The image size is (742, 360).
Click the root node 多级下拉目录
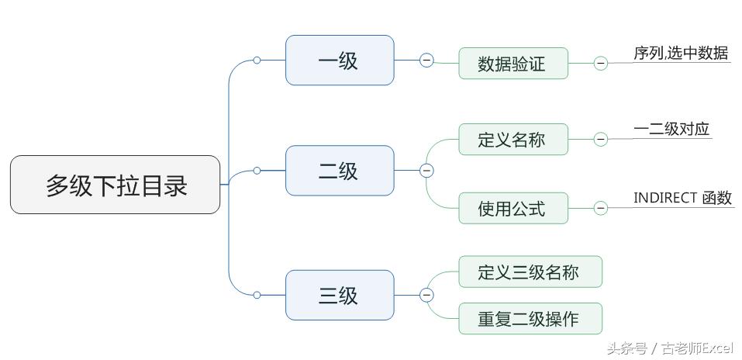point(115,185)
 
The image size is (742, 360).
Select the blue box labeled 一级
point(340,61)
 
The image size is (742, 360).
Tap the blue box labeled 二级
point(340,171)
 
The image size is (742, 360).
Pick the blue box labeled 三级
point(340,295)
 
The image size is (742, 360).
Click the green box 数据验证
point(512,64)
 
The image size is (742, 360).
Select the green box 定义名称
point(512,140)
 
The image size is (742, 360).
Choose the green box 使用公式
point(512,208)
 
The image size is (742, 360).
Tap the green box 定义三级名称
point(530,272)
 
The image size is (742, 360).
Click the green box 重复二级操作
point(530,319)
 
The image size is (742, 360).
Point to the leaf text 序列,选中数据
point(681,54)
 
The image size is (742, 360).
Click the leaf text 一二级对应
point(671,129)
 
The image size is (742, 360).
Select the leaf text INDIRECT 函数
point(682,198)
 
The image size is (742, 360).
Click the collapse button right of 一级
point(426,61)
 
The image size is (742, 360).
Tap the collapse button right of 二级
point(426,171)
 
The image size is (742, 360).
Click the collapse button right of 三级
point(426,295)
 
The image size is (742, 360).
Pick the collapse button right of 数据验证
point(601,64)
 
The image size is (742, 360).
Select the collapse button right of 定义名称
point(601,140)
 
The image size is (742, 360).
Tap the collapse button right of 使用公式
point(601,208)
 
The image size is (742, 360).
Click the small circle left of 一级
point(257,61)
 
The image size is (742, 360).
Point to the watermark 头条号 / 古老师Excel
point(670,348)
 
